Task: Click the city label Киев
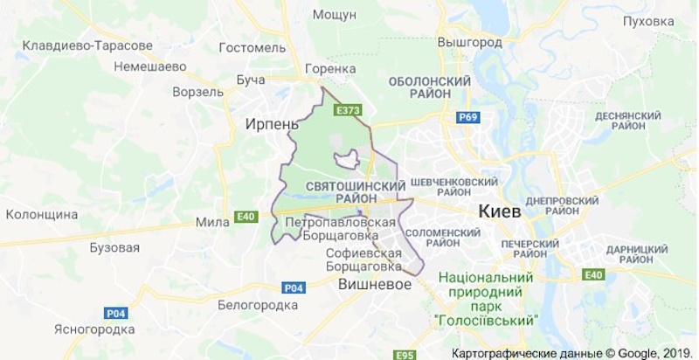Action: (500, 211)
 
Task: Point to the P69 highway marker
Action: (466, 116)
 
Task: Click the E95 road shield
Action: (404, 354)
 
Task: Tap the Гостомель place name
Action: (253, 47)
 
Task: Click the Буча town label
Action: (251, 80)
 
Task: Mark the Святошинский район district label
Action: (356, 193)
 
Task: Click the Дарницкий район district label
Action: (637, 255)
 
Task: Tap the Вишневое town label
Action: (376, 284)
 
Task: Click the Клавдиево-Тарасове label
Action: (82, 45)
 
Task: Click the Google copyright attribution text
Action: (572, 352)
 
